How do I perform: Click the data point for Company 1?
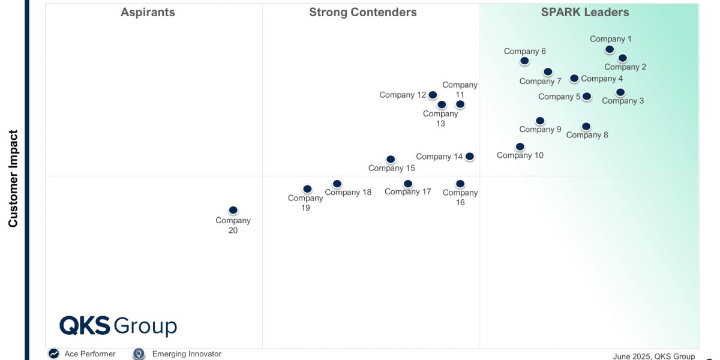pyautogui.click(x=610, y=49)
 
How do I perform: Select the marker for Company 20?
pyautogui.click(x=233, y=210)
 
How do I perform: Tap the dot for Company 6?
pyautogui.click(x=525, y=61)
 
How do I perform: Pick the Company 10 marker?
pyautogui.click(x=520, y=146)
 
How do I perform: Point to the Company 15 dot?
pyautogui.click(x=391, y=159)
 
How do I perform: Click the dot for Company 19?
pyautogui.click(x=307, y=189)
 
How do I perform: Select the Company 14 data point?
pyautogui.click(x=470, y=156)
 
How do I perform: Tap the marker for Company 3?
pyautogui.click(x=620, y=92)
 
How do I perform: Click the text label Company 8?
pyautogui.click(x=587, y=135)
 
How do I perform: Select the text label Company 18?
pyautogui.click(x=348, y=193)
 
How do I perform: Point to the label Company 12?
pyautogui.click(x=402, y=95)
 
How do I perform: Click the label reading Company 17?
pyautogui.click(x=408, y=192)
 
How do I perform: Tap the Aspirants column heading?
pyautogui.click(x=148, y=12)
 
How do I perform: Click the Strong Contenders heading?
pyautogui.click(x=363, y=12)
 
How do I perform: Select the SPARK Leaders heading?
pyautogui.click(x=585, y=12)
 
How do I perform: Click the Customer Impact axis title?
pyautogui.click(x=13, y=179)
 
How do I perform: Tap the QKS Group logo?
pyautogui.click(x=118, y=326)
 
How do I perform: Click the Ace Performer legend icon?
pyautogui.click(x=54, y=354)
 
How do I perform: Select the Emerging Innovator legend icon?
pyautogui.click(x=139, y=354)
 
